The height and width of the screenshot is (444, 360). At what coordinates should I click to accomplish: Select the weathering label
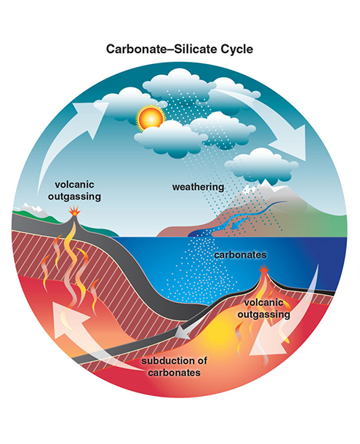(x=198, y=188)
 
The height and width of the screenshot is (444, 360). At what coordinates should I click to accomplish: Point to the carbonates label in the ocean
(x=240, y=255)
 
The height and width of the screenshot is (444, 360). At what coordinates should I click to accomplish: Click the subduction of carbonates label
(x=175, y=367)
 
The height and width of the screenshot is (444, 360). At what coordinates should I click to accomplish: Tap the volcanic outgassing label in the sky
(x=74, y=190)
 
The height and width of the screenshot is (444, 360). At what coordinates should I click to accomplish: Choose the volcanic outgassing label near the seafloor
(x=264, y=309)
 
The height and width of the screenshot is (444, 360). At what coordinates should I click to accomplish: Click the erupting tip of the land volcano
(x=75, y=211)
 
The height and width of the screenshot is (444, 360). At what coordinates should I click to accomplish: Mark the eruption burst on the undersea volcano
(x=264, y=269)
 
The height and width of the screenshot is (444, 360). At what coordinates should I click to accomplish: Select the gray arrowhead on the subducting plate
(x=183, y=333)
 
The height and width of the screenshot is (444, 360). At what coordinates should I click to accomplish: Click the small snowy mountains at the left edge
(x=32, y=209)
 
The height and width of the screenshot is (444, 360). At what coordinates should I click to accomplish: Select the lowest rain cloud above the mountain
(x=261, y=166)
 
